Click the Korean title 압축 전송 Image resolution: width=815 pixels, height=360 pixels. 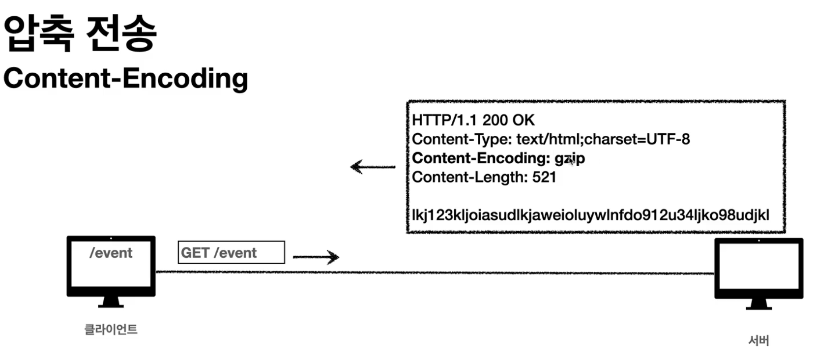coord(80,33)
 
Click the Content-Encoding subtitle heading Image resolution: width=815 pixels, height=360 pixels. coord(126,78)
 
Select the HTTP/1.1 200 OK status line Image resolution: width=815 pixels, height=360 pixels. coord(473,120)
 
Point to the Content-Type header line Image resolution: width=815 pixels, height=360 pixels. coord(551,139)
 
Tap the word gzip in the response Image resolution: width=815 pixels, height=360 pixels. coord(570,158)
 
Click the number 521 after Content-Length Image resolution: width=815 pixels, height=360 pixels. coord(544,177)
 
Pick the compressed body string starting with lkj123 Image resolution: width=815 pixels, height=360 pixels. coord(590,215)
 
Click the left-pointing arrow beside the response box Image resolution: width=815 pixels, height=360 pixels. coord(372,167)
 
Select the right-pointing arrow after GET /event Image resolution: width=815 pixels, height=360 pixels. coord(316,257)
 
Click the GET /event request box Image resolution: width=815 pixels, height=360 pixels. coord(231,252)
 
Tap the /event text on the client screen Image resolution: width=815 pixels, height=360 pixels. coord(111,253)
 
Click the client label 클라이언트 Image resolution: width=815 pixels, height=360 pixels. coord(111,329)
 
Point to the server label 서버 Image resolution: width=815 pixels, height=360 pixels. coord(758,340)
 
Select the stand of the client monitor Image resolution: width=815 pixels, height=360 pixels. coord(111,302)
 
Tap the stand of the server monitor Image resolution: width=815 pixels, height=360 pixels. coord(758,304)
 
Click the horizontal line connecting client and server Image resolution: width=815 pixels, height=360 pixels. coord(433,272)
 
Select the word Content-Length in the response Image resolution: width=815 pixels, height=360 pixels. coord(469,177)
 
